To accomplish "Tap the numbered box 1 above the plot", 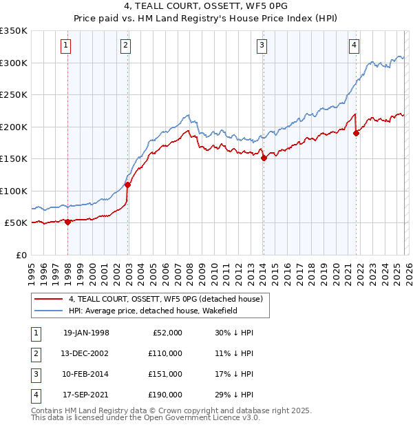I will tap(65, 46).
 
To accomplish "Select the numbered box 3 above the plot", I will tap(262, 46).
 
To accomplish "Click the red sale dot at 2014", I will tap(264, 158).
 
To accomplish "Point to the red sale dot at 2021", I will tap(356, 133).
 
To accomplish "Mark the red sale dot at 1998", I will tap(68, 221).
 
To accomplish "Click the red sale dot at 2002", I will tap(127, 184).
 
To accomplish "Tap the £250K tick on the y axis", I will tap(14, 94).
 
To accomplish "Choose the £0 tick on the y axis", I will tap(21, 255).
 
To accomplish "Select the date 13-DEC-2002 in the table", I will tap(86, 353).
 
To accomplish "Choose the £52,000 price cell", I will tap(167, 332).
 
